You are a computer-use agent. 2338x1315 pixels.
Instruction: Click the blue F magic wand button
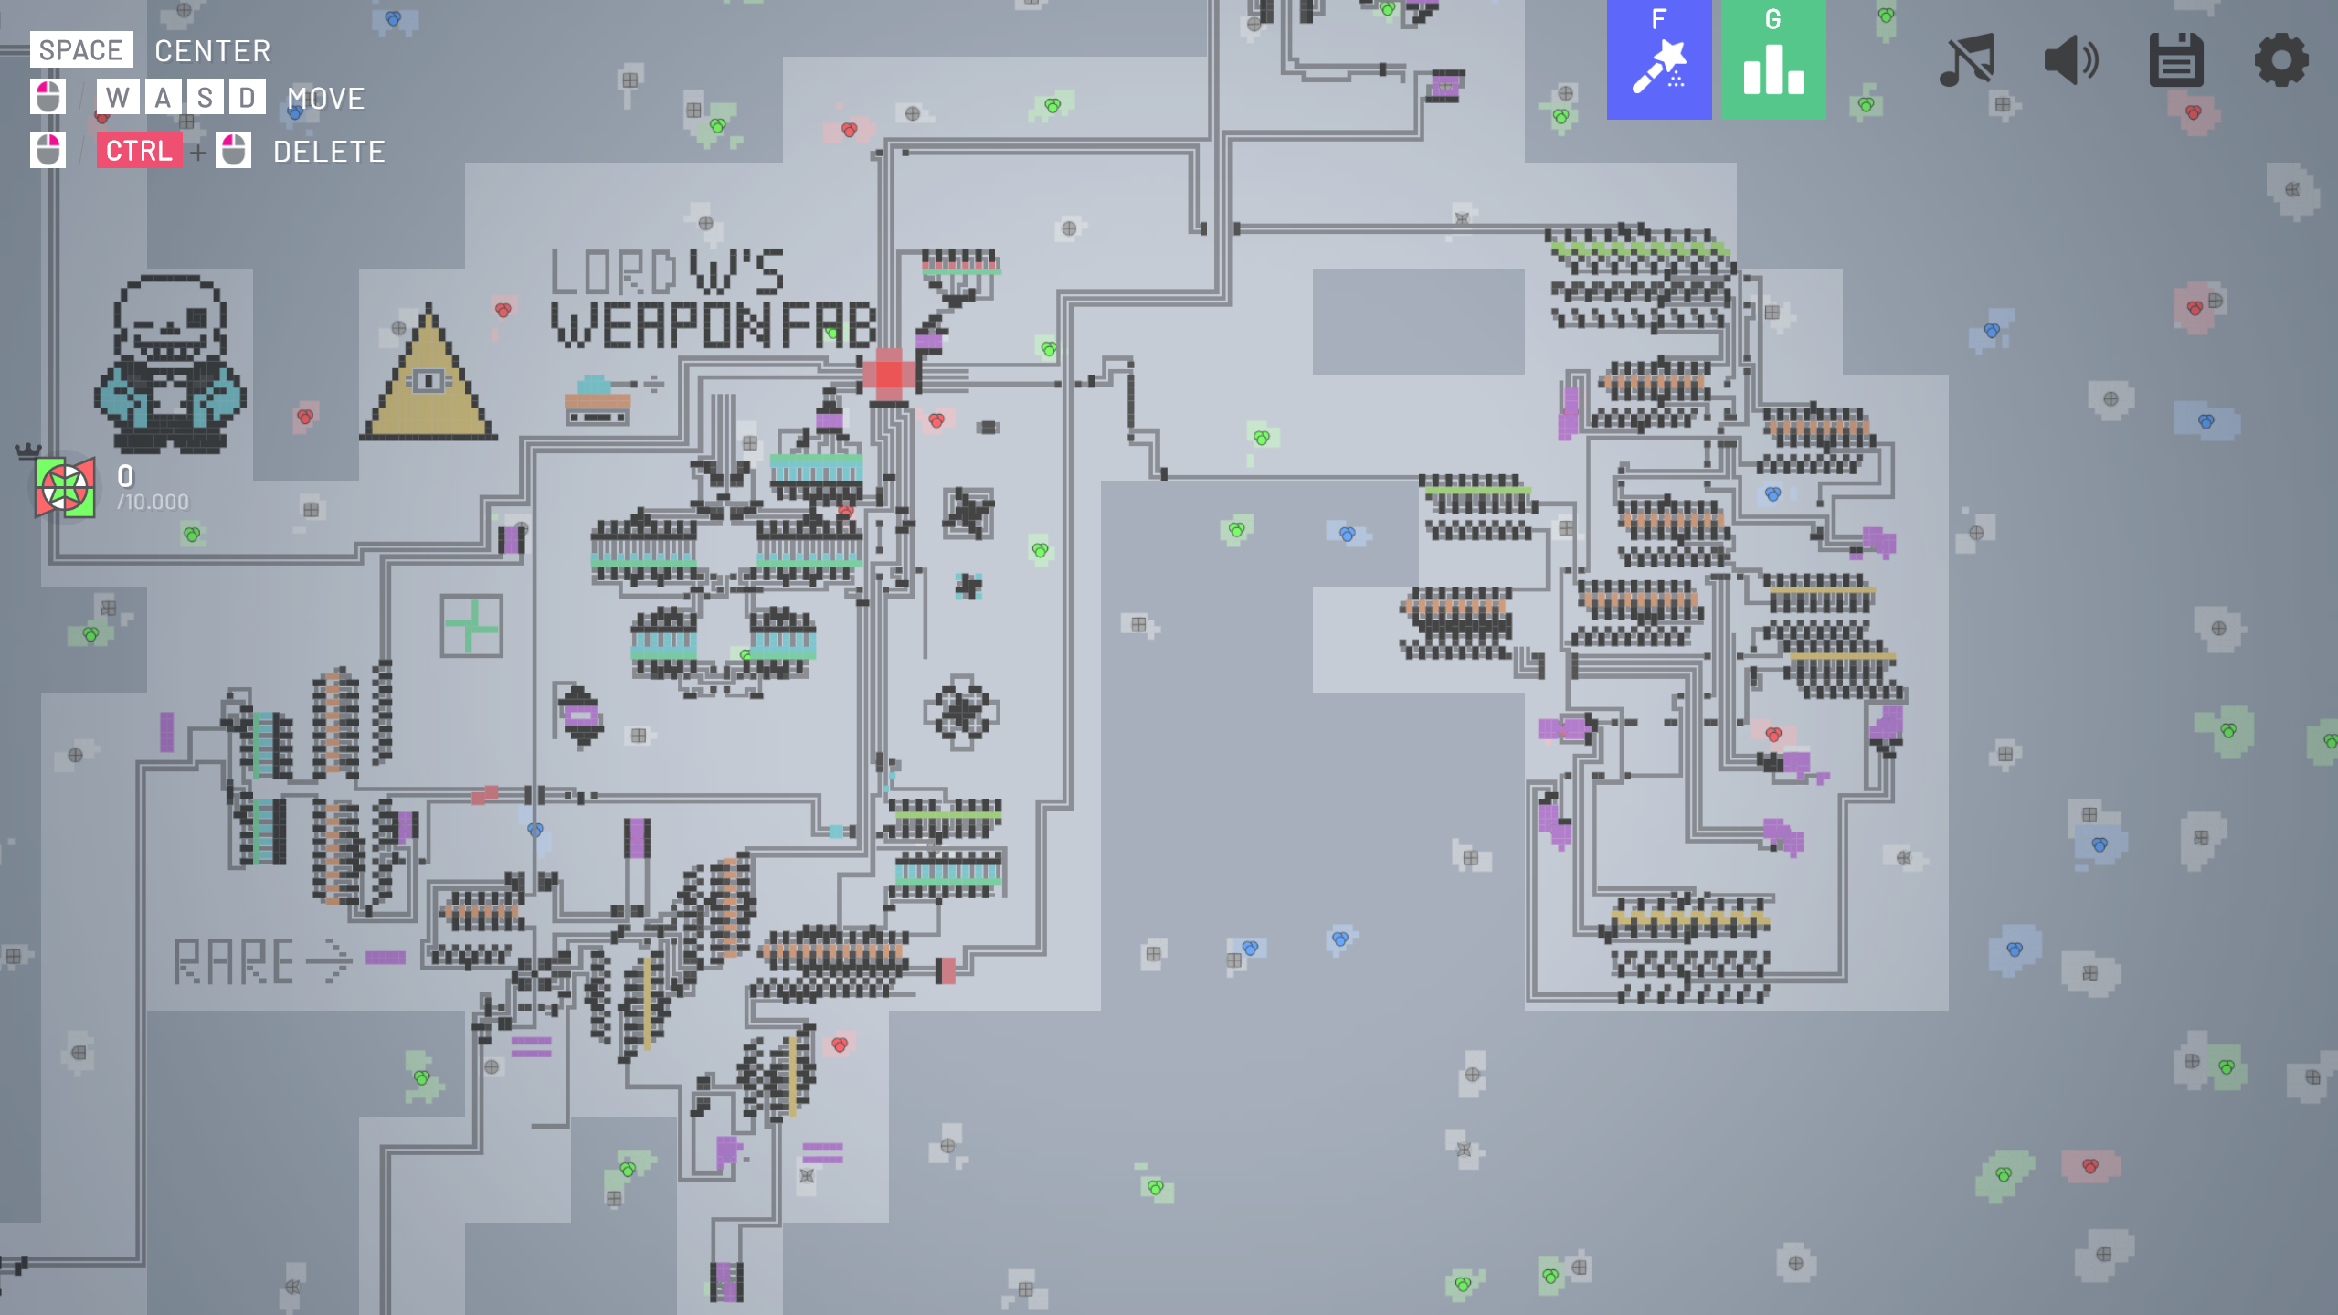[x=1659, y=59]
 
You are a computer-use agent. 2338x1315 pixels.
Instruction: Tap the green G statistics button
[x=1773, y=59]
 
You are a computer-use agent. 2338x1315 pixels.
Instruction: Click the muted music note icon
[x=1966, y=61]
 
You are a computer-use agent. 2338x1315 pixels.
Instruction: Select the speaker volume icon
[x=2071, y=61]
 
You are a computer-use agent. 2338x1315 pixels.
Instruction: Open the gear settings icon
[x=2281, y=60]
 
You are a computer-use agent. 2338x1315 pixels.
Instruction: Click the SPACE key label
[x=81, y=50]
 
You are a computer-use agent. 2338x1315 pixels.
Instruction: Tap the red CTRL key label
[x=139, y=151]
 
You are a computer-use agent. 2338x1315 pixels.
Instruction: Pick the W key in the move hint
[x=118, y=98]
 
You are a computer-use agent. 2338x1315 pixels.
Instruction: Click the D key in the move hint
[x=247, y=98]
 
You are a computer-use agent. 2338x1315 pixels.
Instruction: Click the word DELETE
[x=329, y=152]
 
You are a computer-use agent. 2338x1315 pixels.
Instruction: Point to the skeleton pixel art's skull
[x=171, y=318]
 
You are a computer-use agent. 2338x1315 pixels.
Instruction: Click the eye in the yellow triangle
[x=428, y=380]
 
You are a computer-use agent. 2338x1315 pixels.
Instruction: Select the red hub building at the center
[x=888, y=375]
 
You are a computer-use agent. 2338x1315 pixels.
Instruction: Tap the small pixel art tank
[x=599, y=399]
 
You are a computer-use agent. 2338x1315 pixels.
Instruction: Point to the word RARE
[x=234, y=961]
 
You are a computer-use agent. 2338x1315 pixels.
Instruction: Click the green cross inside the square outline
[x=471, y=626]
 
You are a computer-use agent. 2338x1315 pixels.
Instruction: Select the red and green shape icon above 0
[x=65, y=488]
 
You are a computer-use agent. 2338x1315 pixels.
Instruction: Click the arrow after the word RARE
[x=329, y=960]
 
